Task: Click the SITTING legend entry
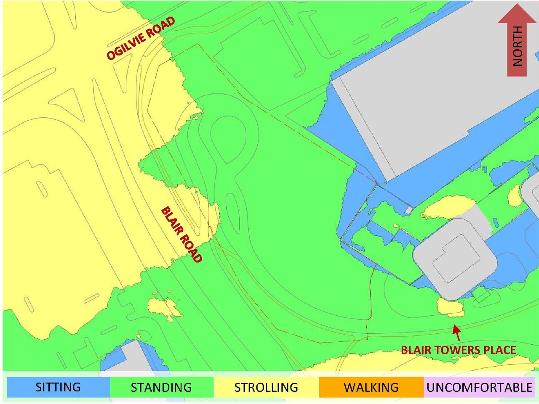pos(58,387)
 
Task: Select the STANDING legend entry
pos(161,387)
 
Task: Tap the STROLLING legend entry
pos(266,387)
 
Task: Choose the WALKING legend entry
pos(371,387)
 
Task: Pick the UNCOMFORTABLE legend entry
pos(480,387)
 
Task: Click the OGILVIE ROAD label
pos(140,38)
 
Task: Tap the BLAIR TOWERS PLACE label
pos(458,350)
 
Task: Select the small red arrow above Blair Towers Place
pos(456,333)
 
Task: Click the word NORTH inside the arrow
pos(517,46)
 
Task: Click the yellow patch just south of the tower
pos(450,307)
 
